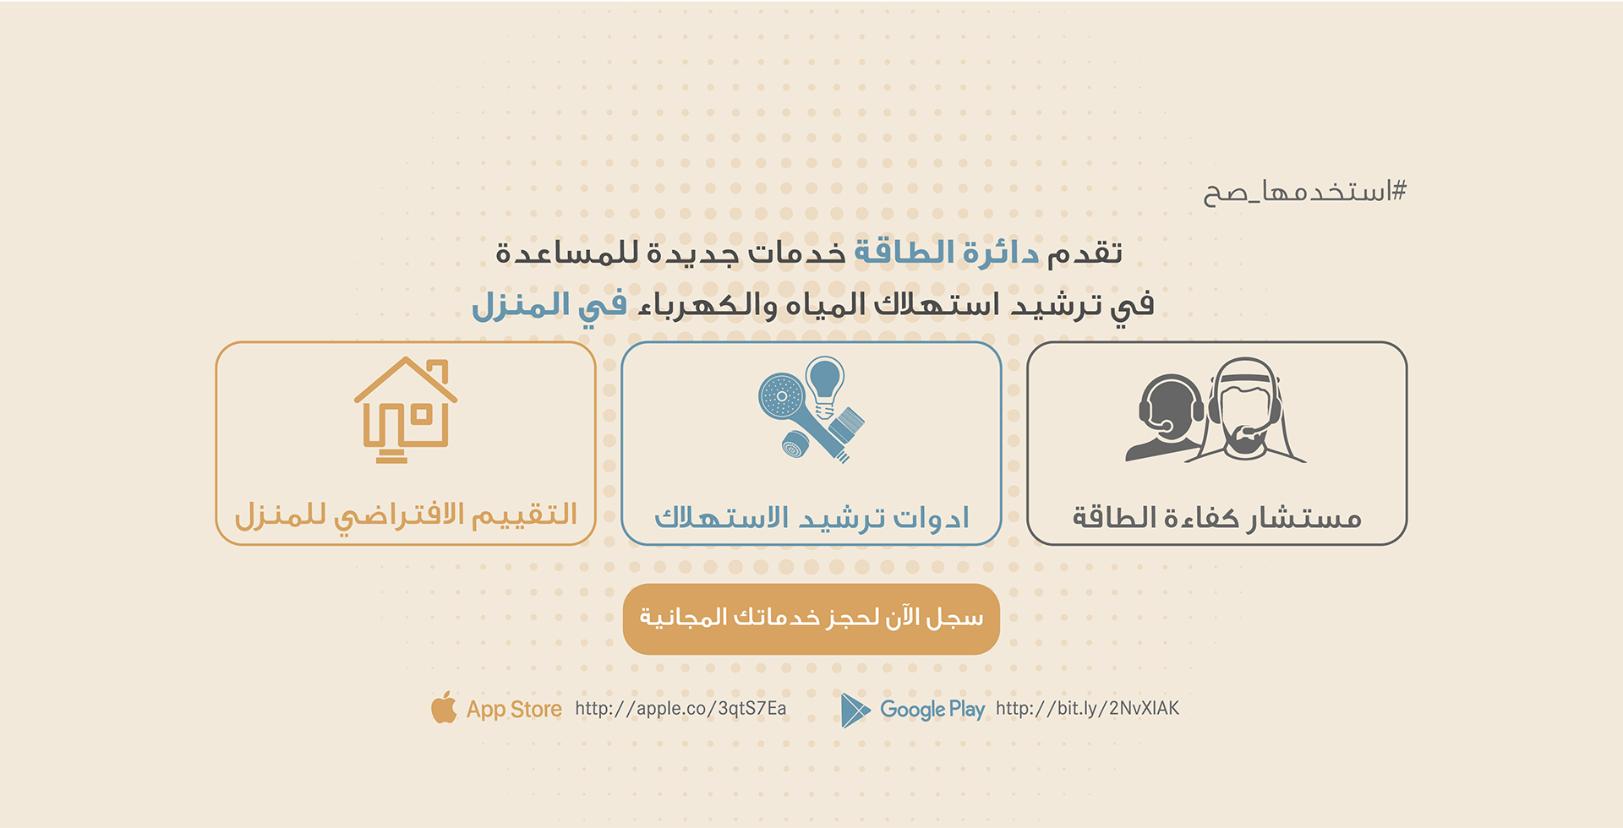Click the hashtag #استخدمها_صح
[1304, 192]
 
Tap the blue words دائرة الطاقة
[947, 253]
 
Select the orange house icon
[406, 410]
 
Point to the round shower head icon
[782, 396]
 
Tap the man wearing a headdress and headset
[1247, 410]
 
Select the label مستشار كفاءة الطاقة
[1217, 517]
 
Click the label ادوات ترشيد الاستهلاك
[811, 517]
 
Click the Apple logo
[444, 707]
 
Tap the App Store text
[514, 709]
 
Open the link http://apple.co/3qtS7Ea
[680, 708]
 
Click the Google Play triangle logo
[855, 710]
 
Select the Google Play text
[932, 710]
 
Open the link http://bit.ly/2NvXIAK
[1087, 708]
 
